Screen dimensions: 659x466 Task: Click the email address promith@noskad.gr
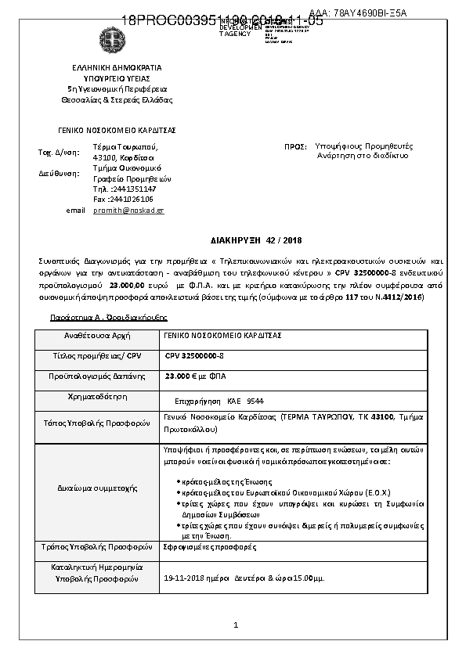tap(128, 211)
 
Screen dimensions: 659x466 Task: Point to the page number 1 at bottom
tap(235, 625)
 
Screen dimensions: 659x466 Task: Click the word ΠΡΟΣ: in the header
tap(295, 146)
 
